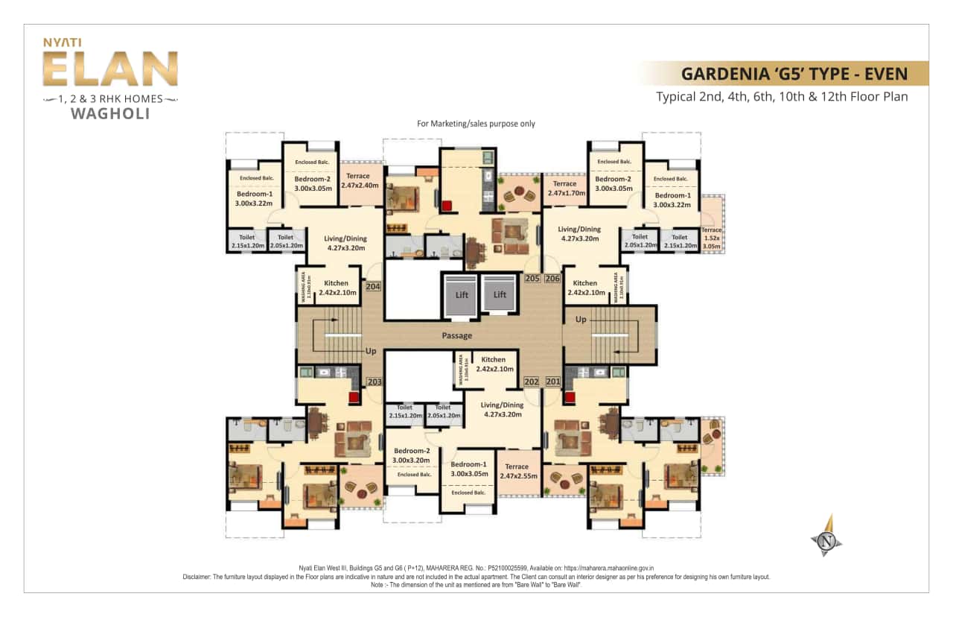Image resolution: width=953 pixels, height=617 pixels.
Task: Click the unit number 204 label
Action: pos(373,285)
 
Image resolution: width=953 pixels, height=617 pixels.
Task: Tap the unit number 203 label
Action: pos(374,382)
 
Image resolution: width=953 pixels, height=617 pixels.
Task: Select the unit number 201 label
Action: pos(552,382)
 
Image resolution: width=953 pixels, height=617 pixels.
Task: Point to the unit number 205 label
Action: pos(532,279)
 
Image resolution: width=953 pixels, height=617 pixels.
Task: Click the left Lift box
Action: pos(462,294)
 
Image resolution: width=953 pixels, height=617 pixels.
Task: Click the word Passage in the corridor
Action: pos(456,335)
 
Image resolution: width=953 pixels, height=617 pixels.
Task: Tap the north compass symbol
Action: pos(826,538)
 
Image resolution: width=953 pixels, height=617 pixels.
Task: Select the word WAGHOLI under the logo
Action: pos(109,114)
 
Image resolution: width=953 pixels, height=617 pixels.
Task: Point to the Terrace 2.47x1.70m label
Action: pos(564,188)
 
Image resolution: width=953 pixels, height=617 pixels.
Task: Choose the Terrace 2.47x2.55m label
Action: pos(518,471)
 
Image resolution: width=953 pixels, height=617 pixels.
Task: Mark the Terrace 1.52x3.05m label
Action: pos(711,238)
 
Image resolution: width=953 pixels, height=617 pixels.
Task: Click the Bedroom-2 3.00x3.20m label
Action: pos(412,455)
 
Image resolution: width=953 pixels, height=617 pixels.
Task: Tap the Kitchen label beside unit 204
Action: pos(336,288)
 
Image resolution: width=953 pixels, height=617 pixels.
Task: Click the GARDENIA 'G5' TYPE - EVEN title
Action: pos(794,74)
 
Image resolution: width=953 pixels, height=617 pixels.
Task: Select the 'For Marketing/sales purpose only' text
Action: pos(476,124)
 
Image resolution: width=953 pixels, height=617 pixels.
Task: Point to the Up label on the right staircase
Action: pos(580,319)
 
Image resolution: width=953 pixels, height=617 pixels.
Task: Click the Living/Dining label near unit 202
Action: pos(502,409)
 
